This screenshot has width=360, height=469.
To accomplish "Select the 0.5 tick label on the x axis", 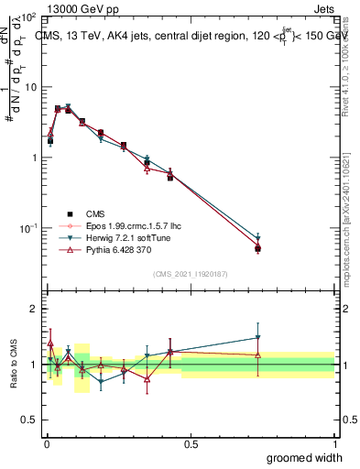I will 191,443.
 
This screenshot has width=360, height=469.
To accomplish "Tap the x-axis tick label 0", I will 47,443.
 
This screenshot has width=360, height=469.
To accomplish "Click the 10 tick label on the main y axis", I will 28,87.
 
